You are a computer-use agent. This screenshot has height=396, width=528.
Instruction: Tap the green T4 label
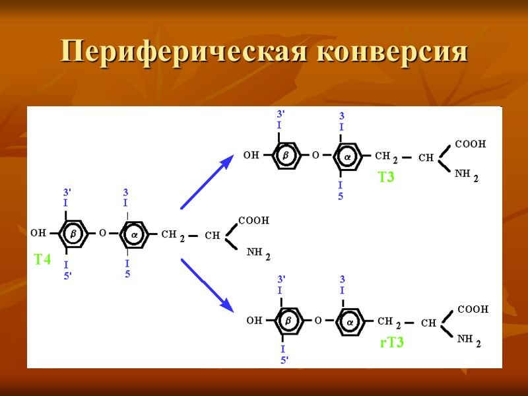coord(42,260)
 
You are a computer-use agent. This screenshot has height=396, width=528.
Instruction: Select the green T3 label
coord(386,177)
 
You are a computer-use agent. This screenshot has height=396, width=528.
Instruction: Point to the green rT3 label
coord(391,343)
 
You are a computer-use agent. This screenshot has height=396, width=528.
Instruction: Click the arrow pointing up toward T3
coord(207,182)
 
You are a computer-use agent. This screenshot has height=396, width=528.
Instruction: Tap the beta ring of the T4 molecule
coord(73,234)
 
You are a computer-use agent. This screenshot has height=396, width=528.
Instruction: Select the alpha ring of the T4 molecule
coord(134,234)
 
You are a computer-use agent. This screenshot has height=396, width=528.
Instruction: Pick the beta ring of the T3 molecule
coord(286,156)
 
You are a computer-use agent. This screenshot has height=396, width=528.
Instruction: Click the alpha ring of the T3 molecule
coord(347,156)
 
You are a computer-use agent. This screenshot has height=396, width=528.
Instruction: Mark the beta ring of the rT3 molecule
coord(288,321)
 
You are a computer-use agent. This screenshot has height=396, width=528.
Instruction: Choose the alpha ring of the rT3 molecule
coord(350,321)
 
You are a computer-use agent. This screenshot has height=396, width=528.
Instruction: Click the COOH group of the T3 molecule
coord(470,143)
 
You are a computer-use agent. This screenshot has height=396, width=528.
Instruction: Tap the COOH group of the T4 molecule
coord(253,220)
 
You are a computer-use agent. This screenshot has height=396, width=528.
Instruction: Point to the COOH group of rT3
coord(473,308)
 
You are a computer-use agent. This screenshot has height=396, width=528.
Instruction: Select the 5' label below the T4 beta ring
coord(67,276)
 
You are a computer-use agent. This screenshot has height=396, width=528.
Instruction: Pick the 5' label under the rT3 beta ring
coord(284,360)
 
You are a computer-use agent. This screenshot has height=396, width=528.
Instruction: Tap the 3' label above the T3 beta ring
coord(280,114)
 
